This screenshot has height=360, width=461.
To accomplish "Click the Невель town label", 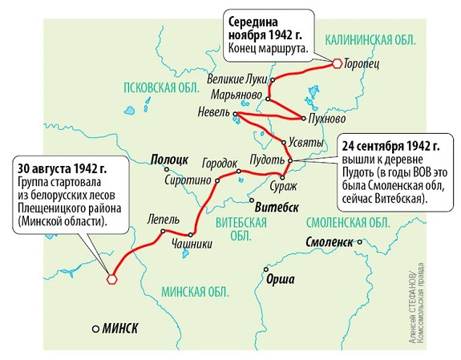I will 212,113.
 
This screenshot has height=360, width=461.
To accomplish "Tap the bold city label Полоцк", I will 169,160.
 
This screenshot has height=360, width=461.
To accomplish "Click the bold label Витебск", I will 275,206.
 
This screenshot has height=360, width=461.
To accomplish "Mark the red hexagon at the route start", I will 112,279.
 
